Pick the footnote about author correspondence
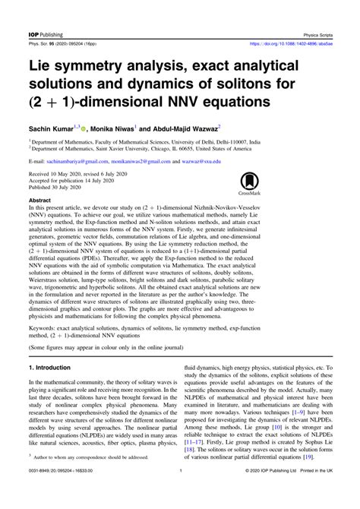[x=87, y=480]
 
